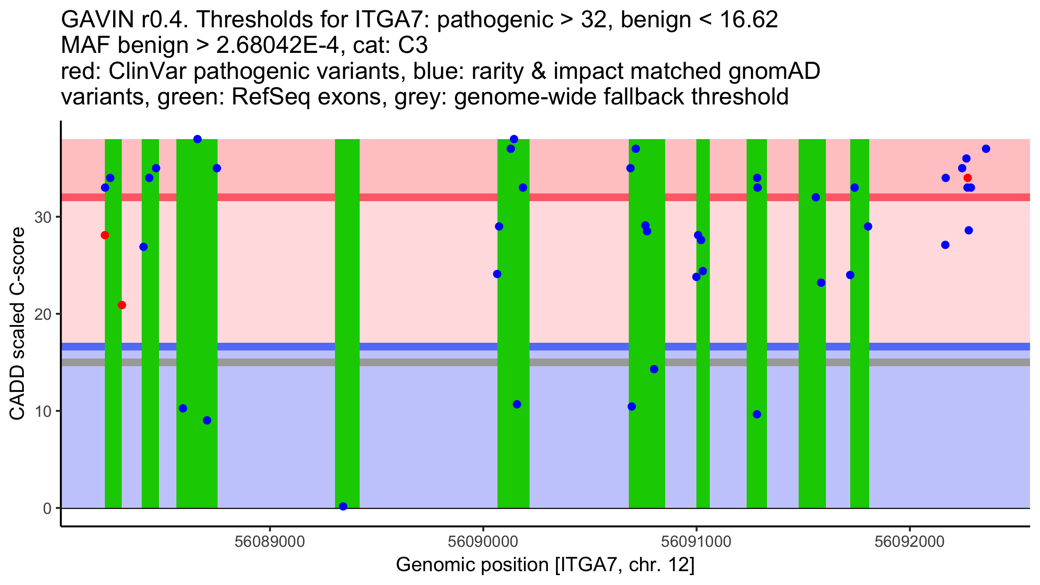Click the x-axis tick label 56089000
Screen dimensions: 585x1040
click(x=270, y=542)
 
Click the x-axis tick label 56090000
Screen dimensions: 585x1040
click(x=483, y=542)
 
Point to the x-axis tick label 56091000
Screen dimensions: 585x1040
click(x=696, y=542)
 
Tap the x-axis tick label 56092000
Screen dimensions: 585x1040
click(x=910, y=542)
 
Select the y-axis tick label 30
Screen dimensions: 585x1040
click(x=43, y=217)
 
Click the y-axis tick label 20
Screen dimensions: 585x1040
click(x=43, y=314)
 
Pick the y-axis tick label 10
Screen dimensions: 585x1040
click(x=43, y=411)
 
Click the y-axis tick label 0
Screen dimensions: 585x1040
click(x=47, y=508)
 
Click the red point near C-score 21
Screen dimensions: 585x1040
click(x=122, y=305)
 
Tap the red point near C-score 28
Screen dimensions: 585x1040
click(x=105, y=235)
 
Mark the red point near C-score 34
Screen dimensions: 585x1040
click(x=968, y=178)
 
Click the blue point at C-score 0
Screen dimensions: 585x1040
click(x=343, y=507)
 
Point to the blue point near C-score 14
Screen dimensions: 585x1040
click(x=654, y=369)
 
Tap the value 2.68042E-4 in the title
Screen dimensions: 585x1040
click(x=278, y=45)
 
